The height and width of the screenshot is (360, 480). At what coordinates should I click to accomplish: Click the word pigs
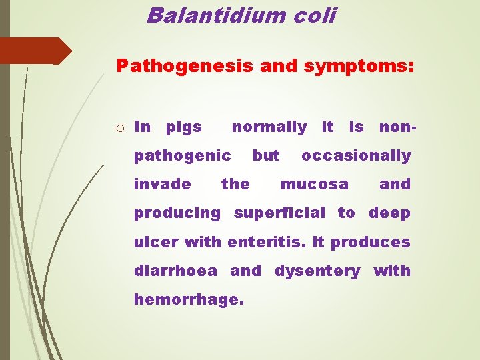pos(183,127)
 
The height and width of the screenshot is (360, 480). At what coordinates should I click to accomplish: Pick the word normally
pos(269,126)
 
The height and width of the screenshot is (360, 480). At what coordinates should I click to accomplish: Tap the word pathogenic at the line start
pos(182,156)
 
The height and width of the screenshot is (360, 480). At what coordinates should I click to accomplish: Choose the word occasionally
pos(356,156)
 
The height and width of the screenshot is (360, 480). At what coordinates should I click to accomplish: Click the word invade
pos(162,184)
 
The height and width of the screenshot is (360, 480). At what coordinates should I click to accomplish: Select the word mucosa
pos(314,184)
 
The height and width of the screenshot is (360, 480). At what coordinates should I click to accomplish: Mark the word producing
pos(177,213)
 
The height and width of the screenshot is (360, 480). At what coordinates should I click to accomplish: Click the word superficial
pos(280,213)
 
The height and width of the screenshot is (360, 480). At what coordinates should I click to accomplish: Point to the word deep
pos(389,213)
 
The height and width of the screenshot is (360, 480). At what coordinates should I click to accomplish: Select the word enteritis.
pos(266,242)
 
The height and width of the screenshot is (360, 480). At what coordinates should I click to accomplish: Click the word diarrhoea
pos(175,271)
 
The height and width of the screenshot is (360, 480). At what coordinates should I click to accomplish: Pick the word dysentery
pos(317,271)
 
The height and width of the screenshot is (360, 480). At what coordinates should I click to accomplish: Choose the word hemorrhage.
pos(189,300)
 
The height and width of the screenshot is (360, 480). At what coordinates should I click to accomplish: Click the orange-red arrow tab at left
pos(33,51)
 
